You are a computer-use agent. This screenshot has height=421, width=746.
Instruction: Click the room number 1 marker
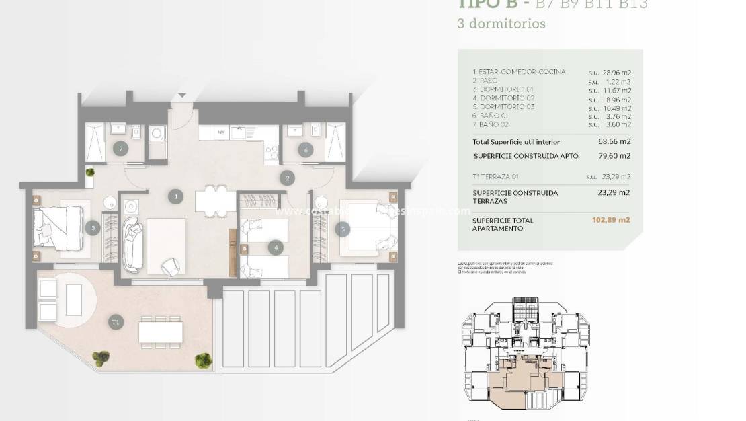[175, 196]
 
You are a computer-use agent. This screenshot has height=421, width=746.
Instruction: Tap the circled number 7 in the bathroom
[121, 149]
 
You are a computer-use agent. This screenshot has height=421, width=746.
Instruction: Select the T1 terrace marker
[116, 323]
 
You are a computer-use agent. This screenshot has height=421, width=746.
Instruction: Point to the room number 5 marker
[343, 229]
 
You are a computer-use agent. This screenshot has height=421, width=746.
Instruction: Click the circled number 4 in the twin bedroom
[276, 247]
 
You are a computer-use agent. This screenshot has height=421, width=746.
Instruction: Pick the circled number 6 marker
[306, 150]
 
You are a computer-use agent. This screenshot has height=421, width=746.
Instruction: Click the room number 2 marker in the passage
[288, 178]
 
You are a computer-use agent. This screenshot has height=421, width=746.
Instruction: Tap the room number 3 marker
[94, 228]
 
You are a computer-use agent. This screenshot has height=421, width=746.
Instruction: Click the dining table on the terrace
[161, 332]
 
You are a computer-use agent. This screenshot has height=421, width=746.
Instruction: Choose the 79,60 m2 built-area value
[616, 156]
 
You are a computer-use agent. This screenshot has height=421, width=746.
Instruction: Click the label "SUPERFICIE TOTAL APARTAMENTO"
[503, 224]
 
